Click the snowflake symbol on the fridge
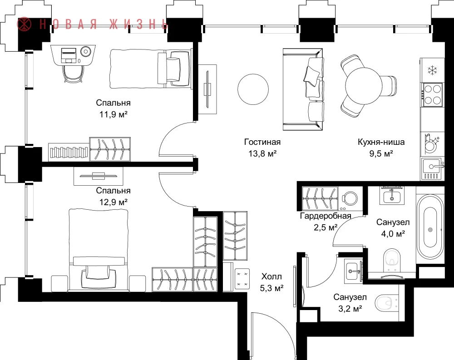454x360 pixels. pyautogui.click(x=432, y=70)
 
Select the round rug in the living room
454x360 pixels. pyautogui.click(x=253, y=89)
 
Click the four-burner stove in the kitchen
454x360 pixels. pyautogui.click(x=433, y=95)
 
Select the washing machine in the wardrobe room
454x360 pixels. pyautogui.click(x=350, y=199)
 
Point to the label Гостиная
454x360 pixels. pyautogui.click(x=262, y=142)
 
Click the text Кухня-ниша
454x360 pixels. pyautogui.click(x=381, y=142)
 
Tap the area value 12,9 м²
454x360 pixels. pyautogui.click(x=113, y=202)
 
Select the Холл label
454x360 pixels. pyautogui.click(x=271, y=276)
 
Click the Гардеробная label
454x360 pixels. pyautogui.click(x=326, y=216)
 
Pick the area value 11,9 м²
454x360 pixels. pyautogui.click(x=113, y=114)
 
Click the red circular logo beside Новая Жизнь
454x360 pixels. pyautogui.click(x=25, y=24)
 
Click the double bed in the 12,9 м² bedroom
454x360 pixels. pyautogui.click(x=99, y=250)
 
